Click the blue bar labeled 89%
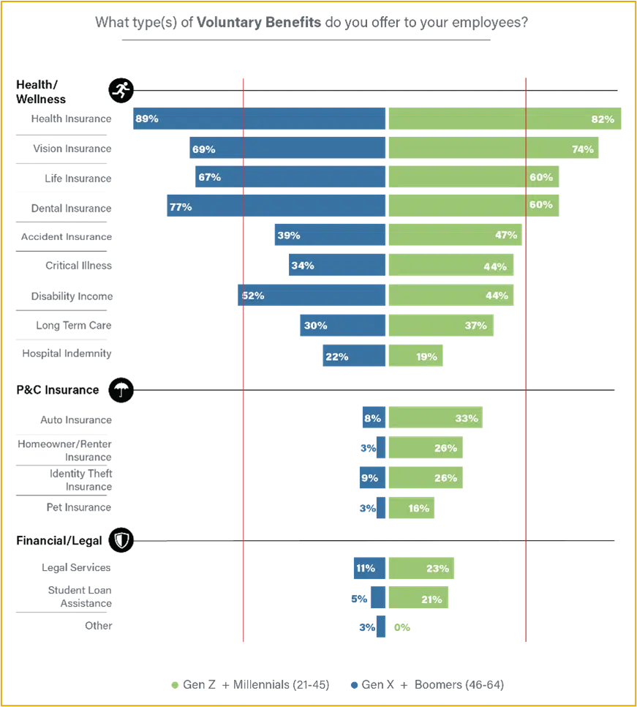[258, 119]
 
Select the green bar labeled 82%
[505, 119]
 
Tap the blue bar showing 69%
[287, 149]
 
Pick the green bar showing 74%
[494, 149]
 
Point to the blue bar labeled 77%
[275, 207]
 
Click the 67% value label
[209, 177]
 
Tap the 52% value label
[253, 296]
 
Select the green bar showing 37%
[441, 325]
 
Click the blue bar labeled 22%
[354, 356]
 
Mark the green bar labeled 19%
[415, 356]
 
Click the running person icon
[121, 90]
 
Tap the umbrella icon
[121, 390]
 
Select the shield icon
[122, 540]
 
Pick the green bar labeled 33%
[435, 419]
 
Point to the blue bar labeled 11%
[369, 568]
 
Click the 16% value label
[419, 508]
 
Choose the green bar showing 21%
[418, 599]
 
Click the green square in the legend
[174, 685]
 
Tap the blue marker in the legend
[354, 685]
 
